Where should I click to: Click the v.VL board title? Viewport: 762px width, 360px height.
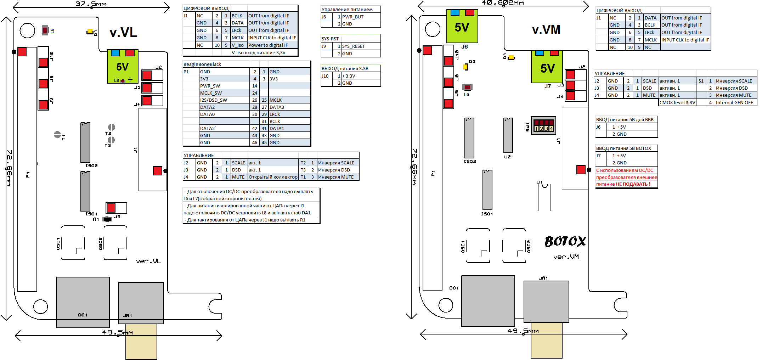(123, 33)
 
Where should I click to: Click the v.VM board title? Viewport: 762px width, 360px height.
(546, 30)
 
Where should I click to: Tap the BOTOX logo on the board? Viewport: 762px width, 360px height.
(565, 241)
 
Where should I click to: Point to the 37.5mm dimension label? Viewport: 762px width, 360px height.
(91, 4)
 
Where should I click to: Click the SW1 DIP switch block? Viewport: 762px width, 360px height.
(543, 125)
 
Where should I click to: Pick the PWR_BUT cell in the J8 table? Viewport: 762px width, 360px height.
(353, 17)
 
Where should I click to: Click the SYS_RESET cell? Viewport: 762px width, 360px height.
(354, 46)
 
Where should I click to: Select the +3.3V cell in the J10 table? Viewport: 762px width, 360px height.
(349, 76)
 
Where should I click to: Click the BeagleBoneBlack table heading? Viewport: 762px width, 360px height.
(202, 64)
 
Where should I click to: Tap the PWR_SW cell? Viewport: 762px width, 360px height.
(210, 86)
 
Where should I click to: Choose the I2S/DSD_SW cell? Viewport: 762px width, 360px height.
(213, 100)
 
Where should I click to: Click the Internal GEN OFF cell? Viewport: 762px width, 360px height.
(734, 102)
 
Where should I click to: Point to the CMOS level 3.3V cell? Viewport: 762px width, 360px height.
(677, 102)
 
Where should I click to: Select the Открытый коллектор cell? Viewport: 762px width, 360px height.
(273, 177)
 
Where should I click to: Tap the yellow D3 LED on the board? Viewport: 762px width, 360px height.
(466, 67)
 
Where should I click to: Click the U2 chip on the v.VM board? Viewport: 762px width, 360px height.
(508, 135)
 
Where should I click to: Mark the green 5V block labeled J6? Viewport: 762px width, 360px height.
(462, 27)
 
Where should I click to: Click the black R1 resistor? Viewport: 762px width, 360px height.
(107, 219)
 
